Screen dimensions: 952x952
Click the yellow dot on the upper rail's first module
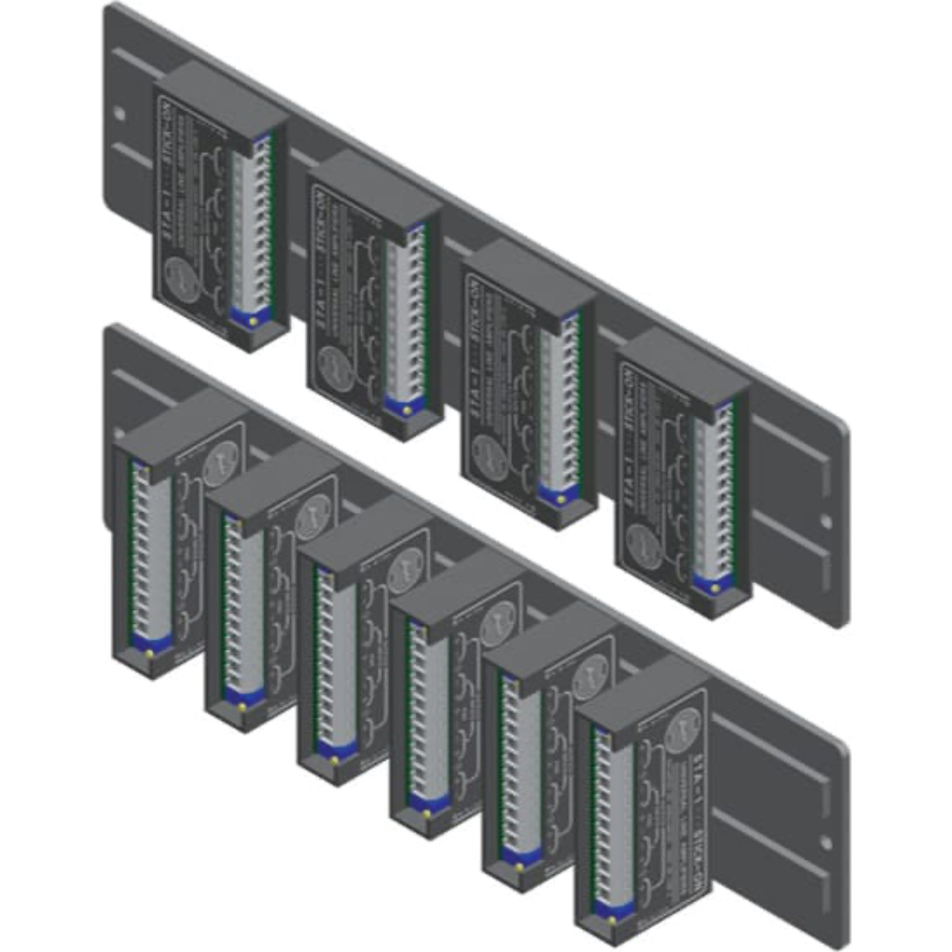(x=253, y=322)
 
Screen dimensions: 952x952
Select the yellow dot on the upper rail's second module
(x=407, y=410)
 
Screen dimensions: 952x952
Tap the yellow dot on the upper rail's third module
(x=561, y=499)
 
